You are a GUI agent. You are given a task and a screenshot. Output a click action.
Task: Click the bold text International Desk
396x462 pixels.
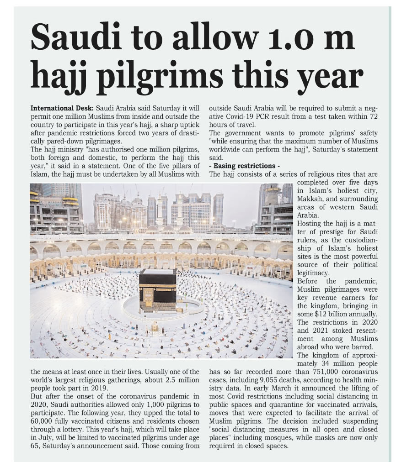tap(61, 109)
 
